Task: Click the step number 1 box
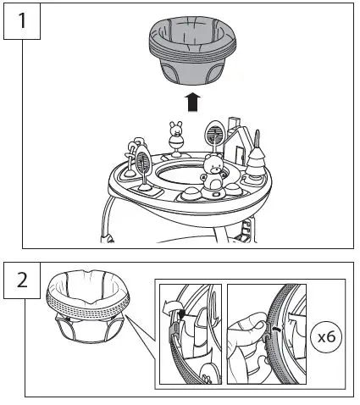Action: (x=22, y=21)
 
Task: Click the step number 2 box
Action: (x=22, y=280)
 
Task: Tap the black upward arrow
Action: (x=192, y=102)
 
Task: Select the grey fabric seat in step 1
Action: (x=192, y=50)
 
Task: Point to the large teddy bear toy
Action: (x=213, y=176)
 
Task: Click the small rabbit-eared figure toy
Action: (x=176, y=139)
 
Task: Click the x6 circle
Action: (x=326, y=337)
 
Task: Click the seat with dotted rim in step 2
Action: (x=88, y=307)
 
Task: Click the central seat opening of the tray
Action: (x=180, y=173)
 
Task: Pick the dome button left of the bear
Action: (x=190, y=194)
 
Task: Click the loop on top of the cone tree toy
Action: (x=257, y=137)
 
